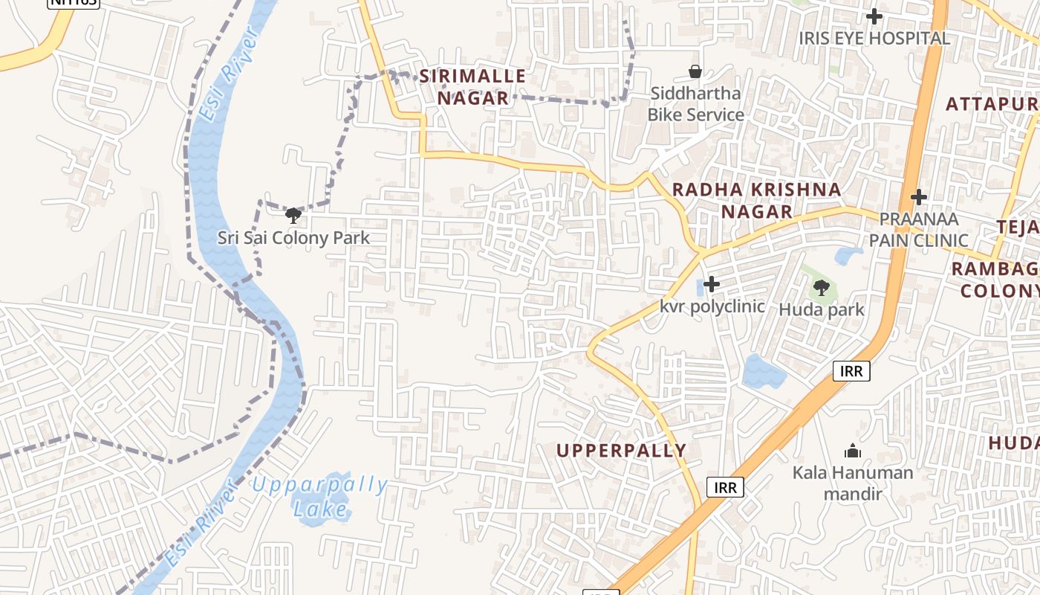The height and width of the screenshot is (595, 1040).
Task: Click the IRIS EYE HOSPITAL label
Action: point(874,38)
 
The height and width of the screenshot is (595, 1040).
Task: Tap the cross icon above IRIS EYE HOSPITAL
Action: point(874,16)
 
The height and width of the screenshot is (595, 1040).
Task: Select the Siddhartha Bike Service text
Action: point(695,104)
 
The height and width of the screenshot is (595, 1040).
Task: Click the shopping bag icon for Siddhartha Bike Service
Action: point(695,71)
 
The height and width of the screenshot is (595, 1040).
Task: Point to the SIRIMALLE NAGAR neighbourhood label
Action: point(472,87)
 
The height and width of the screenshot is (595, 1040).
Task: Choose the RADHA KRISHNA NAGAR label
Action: point(757,201)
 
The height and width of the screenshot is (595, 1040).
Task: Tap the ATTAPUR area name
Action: point(992,104)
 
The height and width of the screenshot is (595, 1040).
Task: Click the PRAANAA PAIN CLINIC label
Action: point(919,230)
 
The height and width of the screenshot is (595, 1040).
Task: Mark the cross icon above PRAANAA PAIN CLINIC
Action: point(919,197)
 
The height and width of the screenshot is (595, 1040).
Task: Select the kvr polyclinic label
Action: point(712,306)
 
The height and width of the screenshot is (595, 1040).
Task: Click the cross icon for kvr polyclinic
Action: point(712,284)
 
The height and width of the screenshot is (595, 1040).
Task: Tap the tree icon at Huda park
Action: point(821,287)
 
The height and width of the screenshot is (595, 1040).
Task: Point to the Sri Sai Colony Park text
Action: point(293,238)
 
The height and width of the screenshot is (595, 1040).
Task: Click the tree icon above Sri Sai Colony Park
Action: point(293,216)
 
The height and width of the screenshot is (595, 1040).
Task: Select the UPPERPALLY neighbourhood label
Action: point(621,450)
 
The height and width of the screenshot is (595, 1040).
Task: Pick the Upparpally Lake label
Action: point(320,497)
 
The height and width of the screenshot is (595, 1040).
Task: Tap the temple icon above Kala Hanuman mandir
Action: point(853,450)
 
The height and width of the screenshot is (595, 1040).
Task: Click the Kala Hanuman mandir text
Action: point(853,483)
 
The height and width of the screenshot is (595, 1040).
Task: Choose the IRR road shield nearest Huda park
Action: point(851,370)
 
